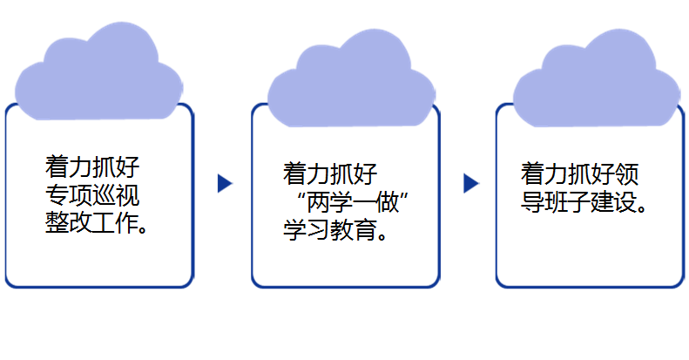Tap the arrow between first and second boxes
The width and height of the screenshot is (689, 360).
[225, 183]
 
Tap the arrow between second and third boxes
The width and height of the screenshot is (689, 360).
[471, 183]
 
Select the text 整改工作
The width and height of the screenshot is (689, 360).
[90, 222]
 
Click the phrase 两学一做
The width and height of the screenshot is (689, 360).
[353, 201]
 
